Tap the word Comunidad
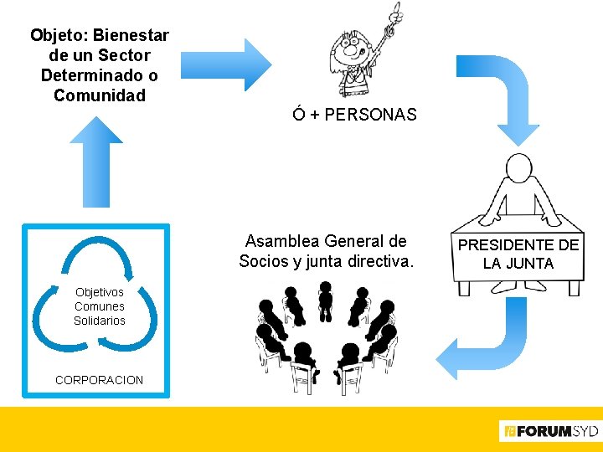pyautogui.click(x=100, y=95)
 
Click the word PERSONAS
pyautogui.click(x=370, y=115)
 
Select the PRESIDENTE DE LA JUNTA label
pyautogui.click(x=518, y=254)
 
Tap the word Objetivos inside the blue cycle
pyautogui.click(x=100, y=292)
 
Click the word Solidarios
pyautogui.click(x=100, y=321)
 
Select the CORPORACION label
pyautogui.click(x=99, y=380)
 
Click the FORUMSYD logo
pyautogui.click(x=549, y=432)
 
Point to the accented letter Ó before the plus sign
pyautogui.click(x=299, y=115)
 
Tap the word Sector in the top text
pyautogui.click(x=124, y=55)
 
